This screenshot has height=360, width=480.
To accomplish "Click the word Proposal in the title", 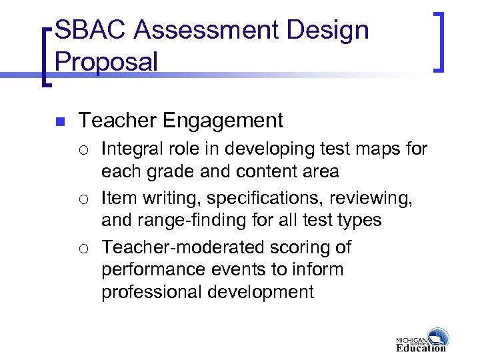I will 107,62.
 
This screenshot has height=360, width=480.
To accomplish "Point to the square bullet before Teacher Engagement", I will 59,122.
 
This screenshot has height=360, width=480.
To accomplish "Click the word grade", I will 163,172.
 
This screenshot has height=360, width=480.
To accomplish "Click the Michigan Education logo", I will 421,340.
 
